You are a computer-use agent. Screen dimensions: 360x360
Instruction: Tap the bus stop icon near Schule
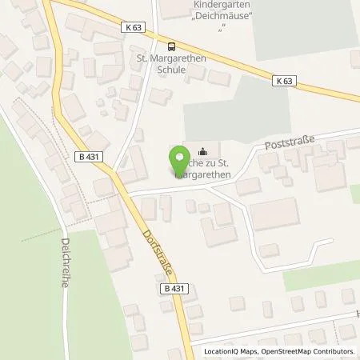(x=170, y=46)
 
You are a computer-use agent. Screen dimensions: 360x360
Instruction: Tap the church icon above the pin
(x=202, y=150)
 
